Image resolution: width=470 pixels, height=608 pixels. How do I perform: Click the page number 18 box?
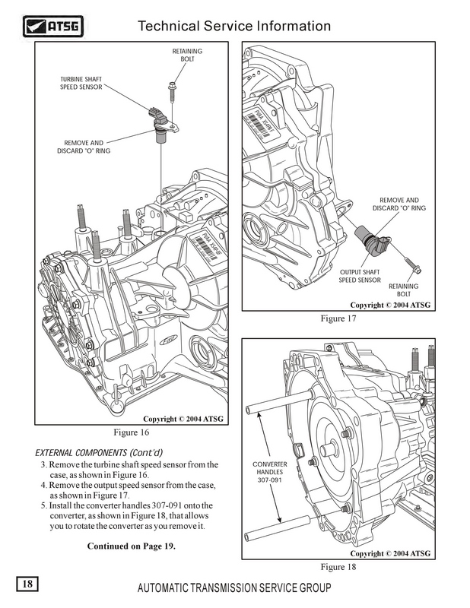click(x=27, y=584)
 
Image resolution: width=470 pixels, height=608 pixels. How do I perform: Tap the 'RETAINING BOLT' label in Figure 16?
click(x=186, y=55)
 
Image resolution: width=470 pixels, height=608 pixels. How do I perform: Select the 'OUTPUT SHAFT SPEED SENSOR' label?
click(x=360, y=275)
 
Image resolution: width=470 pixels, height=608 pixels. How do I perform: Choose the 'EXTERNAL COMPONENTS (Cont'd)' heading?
click(x=87, y=450)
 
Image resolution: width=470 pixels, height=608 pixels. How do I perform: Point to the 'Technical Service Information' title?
click(x=234, y=27)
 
